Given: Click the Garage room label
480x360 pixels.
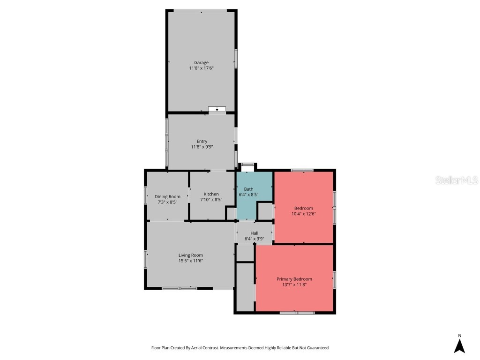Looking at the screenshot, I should [x=202, y=62].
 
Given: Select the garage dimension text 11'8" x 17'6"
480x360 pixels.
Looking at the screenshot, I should [x=202, y=68].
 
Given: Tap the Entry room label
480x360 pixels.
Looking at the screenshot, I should [x=202, y=141].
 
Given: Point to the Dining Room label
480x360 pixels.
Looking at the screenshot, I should [x=167, y=196].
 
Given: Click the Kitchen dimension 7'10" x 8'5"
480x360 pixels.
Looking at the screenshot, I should [x=211, y=200].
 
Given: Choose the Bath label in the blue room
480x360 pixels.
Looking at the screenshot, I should [x=248, y=189].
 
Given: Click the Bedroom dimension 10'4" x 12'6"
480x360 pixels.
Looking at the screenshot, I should [x=303, y=214].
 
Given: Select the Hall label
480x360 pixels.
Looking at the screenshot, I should [x=254, y=233].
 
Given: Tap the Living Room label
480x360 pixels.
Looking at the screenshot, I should [x=190, y=255].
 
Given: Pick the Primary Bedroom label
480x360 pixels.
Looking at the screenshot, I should [x=294, y=279].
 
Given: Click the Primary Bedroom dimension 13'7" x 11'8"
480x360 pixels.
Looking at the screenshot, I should [x=294, y=285].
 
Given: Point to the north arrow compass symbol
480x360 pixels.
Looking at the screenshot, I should [x=459, y=346].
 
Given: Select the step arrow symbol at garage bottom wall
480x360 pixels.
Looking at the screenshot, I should [x=217, y=110].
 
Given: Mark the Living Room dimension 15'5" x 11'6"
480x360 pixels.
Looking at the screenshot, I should [x=190, y=261].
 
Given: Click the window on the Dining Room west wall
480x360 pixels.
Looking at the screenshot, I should [x=146, y=196].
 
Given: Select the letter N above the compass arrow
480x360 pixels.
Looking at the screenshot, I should [x=459, y=335].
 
